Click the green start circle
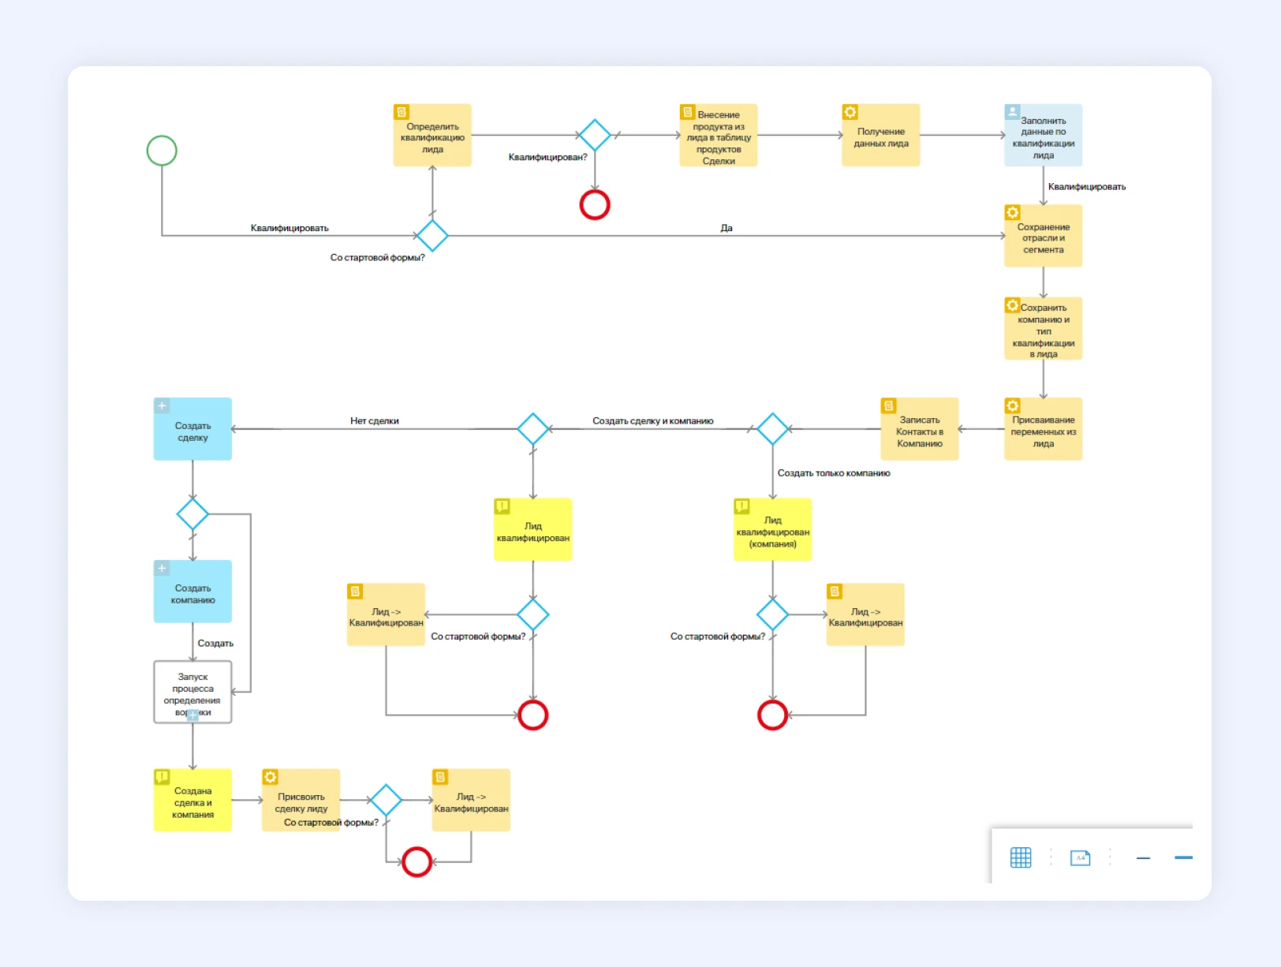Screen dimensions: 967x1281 click(162, 151)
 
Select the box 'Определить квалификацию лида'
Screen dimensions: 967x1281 click(432, 136)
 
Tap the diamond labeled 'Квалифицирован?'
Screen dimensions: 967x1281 click(595, 135)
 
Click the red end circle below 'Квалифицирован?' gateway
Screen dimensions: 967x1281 click(595, 205)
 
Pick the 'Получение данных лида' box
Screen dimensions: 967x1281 click(880, 136)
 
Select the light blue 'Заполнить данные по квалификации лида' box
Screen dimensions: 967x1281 click(1043, 136)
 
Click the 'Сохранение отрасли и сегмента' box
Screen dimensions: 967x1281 click(1043, 237)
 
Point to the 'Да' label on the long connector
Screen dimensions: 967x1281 click(726, 228)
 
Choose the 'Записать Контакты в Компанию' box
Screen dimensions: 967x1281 click(919, 430)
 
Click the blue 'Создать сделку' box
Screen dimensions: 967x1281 click(192, 430)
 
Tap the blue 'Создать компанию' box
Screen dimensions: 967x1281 click(192, 592)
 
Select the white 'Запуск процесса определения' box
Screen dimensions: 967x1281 click(192, 692)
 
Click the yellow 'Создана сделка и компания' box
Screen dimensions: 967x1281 click(192, 801)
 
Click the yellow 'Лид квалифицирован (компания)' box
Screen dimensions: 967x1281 click(772, 530)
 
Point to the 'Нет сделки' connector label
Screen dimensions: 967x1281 click(375, 421)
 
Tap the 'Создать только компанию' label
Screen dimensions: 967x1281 click(834, 473)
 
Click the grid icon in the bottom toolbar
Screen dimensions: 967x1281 click(1021, 857)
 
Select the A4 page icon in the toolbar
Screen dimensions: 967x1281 click(1080, 857)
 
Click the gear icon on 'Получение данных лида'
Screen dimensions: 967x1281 click(850, 112)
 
